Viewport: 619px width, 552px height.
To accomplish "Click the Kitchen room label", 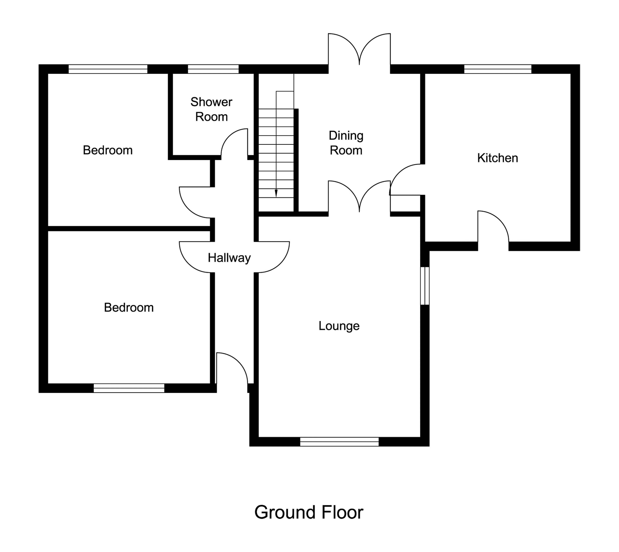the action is (x=497, y=158).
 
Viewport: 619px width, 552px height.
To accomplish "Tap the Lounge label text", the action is (x=339, y=326).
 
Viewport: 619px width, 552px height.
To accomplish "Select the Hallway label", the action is (x=229, y=258).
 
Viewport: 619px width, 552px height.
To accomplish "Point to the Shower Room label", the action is (x=211, y=109).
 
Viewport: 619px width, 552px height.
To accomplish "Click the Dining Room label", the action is (x=346, y=143).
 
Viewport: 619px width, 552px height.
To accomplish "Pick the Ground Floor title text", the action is (x=309, y=512).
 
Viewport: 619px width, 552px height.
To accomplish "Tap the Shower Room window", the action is (x=213, y=69).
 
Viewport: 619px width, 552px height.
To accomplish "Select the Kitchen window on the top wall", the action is (x=497, y=69).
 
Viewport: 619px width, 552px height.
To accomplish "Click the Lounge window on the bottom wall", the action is (x=339, y=442).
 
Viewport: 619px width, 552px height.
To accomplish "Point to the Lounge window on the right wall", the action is (x=425, y=286).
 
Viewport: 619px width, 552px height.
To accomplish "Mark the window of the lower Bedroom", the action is (x=129, y=388).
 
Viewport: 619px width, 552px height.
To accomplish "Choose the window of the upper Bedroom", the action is (x=108, y=69).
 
